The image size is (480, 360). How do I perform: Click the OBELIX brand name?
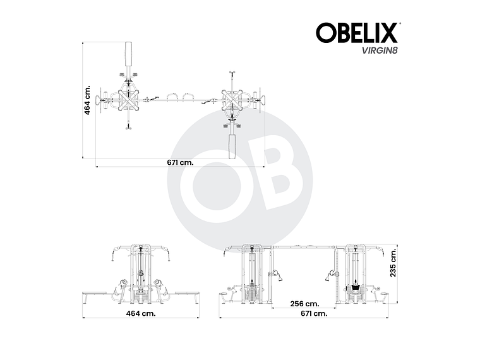tap(357, 33)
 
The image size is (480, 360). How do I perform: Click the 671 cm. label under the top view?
tap(180, 162)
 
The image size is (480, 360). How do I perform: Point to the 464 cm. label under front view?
tap(141, 313)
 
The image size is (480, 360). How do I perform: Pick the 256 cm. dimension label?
tap(304, 304)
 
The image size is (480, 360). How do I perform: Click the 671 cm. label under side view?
tap(313, 313)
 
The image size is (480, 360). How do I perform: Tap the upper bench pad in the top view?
tap(129, 56)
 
